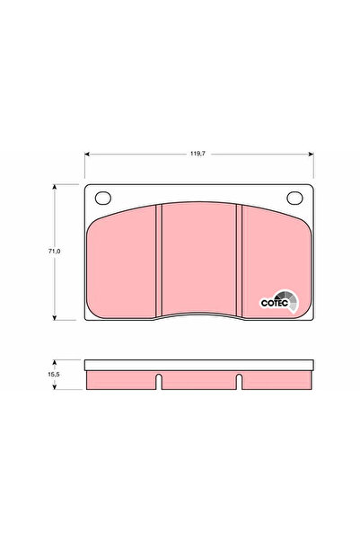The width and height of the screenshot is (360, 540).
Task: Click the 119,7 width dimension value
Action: [198, 154]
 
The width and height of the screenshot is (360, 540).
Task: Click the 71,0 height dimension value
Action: [54, 252]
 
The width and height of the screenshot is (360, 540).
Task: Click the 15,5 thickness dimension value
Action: [54, 375]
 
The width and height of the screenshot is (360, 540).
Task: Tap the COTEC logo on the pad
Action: [279, 302]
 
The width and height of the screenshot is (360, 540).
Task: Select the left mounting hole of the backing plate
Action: [103, 198]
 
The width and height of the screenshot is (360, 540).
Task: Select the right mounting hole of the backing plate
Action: [294, 198]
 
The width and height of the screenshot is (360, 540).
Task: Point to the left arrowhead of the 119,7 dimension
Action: [87, 154]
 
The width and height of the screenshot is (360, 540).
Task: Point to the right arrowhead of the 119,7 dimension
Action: [312, 154]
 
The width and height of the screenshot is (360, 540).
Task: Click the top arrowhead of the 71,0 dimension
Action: [54, 187]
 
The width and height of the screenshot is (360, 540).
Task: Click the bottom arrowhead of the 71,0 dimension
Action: [54, 317]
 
